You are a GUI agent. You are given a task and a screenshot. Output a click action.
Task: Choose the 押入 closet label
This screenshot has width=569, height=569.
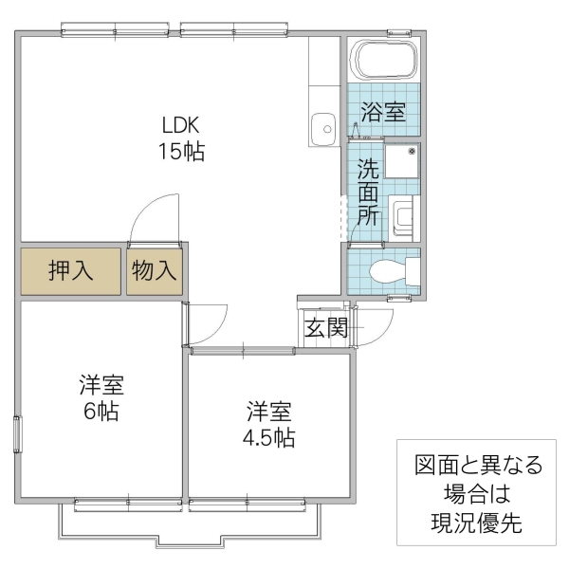pyautogui.click(x=71, y=270)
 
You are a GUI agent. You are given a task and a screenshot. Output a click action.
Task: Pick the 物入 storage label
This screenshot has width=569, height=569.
pyautogui.click(x=155, y=270)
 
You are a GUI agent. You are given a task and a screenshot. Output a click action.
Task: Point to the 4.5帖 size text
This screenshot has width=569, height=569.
pyautogui.click(x=268, y=437)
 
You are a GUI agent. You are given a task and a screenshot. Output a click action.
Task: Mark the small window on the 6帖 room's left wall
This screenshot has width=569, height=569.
pyautogui.click(x=16, y=434)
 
